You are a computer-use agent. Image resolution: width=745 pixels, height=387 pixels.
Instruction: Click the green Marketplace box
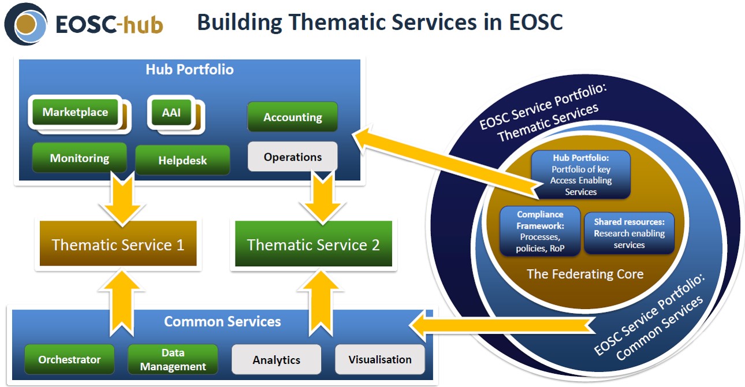(x=75, y=112)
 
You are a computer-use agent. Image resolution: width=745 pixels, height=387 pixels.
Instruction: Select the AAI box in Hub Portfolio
(x=172, y=113)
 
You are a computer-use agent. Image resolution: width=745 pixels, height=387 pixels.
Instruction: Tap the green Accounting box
(x=293, y=117)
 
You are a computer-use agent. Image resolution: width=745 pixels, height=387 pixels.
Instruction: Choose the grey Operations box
(x=293, y=157)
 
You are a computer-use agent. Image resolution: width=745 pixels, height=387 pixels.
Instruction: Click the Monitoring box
(x=80, y=158)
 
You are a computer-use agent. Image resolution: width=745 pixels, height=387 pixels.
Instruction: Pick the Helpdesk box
(x=182, y=160)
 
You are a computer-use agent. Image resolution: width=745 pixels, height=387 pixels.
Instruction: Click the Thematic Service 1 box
(x=118, y=244)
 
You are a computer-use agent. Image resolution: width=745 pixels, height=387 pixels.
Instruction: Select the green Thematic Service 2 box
(x=313, y=244)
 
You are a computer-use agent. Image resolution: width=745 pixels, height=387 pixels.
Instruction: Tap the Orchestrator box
(x=69, y=359)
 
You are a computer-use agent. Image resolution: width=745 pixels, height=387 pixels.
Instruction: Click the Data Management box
(x=173, y=359)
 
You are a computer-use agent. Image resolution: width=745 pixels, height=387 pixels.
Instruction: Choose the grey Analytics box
(x=277, y=359)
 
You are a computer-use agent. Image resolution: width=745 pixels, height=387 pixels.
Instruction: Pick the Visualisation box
(x=380, y=359)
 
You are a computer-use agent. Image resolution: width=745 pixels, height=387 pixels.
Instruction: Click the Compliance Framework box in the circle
(x=540, y=231)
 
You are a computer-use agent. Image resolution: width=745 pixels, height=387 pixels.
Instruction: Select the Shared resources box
(x=629, y=233)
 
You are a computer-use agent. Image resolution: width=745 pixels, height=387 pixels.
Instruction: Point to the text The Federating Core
(x=586, y=274)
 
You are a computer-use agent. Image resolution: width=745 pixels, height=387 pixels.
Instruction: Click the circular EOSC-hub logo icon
(x=25, y=24)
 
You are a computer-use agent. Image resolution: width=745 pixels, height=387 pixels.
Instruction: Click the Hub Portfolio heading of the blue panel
(x=189, y=69)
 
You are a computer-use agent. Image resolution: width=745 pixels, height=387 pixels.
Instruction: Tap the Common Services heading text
(x=222, y=322)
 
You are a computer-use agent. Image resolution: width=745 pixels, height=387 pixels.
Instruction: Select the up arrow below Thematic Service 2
(x=321, y=303)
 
